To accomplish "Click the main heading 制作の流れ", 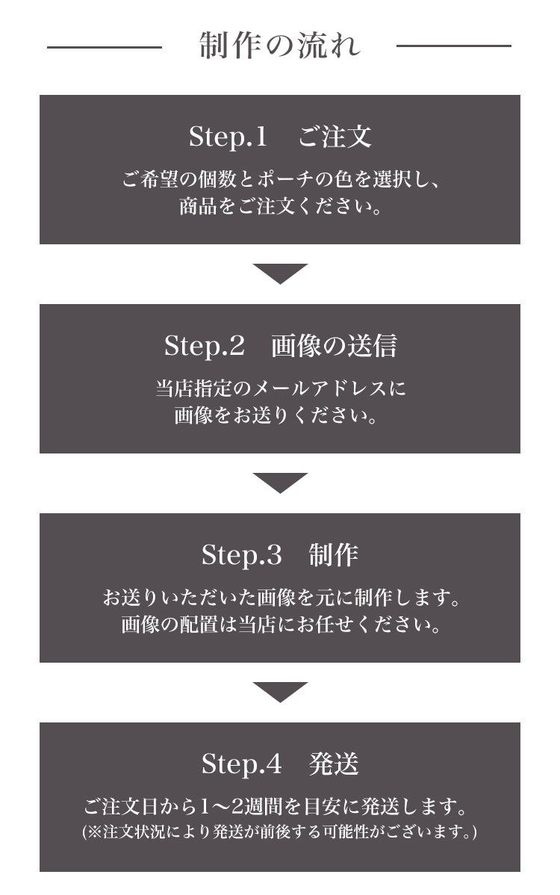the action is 280,46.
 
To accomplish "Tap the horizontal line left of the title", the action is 105,47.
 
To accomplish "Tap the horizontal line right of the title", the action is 453,46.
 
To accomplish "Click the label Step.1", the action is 228,137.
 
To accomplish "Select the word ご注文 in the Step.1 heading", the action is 335,137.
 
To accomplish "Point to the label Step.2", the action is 204,346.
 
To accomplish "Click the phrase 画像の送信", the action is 335,346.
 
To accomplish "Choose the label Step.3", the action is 242,555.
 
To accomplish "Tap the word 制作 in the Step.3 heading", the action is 334,555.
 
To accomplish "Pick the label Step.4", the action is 242,764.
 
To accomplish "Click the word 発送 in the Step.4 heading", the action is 334,764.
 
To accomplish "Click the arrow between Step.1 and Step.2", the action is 280,273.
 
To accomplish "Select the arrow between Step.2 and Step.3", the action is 280,483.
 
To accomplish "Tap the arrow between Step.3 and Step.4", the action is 280,691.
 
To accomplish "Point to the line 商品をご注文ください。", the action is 280,206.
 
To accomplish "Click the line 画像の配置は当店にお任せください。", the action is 281,625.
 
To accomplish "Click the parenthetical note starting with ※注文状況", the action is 280,831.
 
